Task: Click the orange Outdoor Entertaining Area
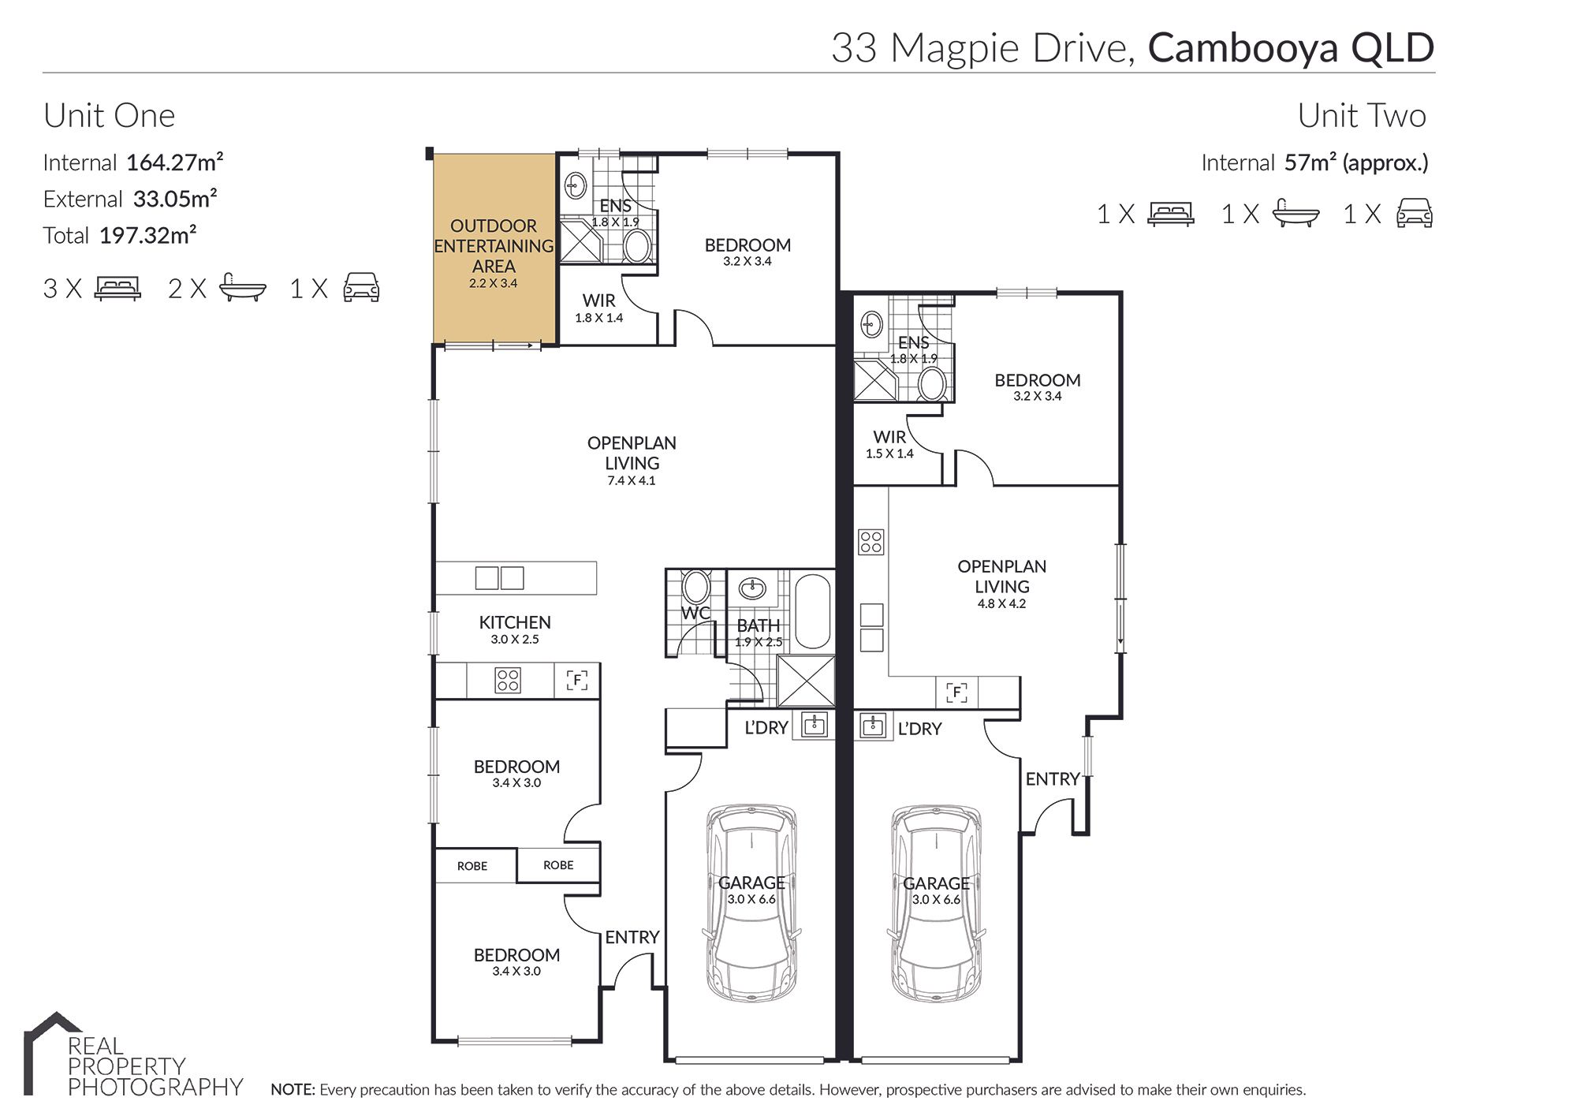[x=494, y=248]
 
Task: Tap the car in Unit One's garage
[x=751, y=903]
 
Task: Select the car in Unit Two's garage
[x=937, y=903]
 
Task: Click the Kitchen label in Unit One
[x=515, y=622]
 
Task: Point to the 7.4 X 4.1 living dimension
[x=632, y=480]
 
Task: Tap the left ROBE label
[x=472, y=866]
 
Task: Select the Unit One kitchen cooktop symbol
[x=508, y=680]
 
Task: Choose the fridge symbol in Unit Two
[x=956, y=692]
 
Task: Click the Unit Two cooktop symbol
[x=871, y=542]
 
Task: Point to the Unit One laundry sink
[x=815, y=724]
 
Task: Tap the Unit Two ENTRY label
[x=1053, y=779]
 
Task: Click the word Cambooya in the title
[x=1243, y=47]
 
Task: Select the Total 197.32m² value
[x=147, y=235]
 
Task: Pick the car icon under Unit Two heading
[x=1415, y=213]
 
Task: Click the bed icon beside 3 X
[x=117, y=288]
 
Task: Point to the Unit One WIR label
[x=599, y=300]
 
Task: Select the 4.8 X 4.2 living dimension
[x=1001, y=604]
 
